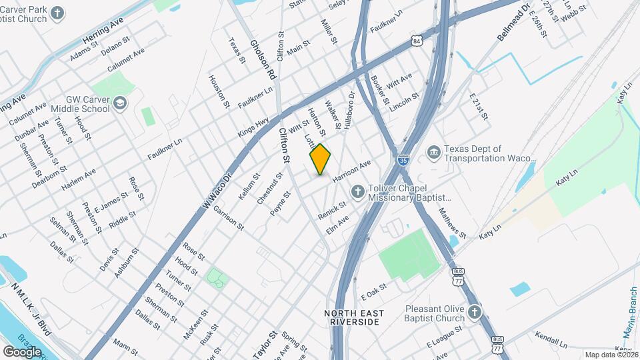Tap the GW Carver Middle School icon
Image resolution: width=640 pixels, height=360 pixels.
(119, 103)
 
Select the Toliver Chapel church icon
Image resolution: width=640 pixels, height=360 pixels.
(358, 193)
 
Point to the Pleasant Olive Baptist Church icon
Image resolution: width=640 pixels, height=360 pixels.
(474, 313)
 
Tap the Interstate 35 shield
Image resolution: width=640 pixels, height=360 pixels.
(402, 161)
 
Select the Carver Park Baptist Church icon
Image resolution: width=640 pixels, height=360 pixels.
(58, 13)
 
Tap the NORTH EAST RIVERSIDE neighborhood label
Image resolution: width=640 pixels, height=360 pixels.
(353, 317)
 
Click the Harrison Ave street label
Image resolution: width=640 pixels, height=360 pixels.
(351, 172)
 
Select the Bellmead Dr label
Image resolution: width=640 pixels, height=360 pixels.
(513, 23)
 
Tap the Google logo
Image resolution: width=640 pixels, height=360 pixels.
(22, 351)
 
